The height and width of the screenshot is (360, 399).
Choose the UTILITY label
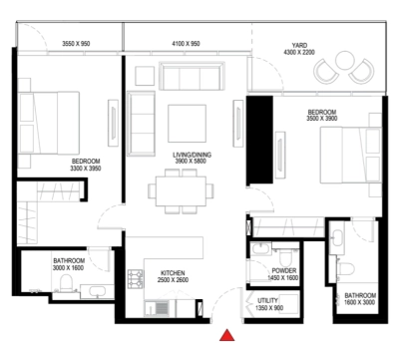pos(268,300)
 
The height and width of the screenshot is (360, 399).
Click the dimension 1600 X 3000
pos(360,302)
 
